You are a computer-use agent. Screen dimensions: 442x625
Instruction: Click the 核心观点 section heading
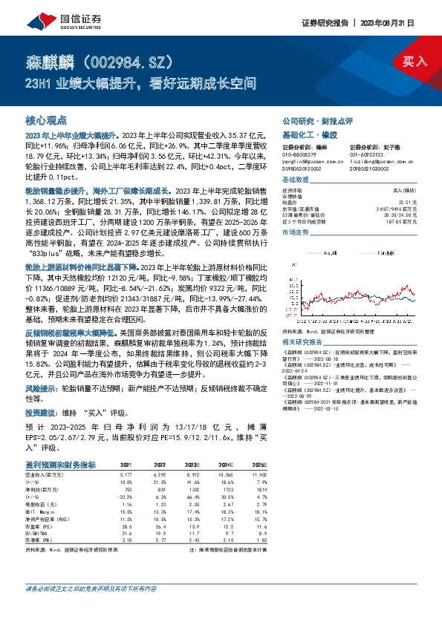coord(47,121)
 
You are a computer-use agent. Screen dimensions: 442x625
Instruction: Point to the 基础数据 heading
coord(298,181)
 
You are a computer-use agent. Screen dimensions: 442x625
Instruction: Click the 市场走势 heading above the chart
coord(298,232)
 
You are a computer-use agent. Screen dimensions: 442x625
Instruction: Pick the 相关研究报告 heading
coord(305,321)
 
